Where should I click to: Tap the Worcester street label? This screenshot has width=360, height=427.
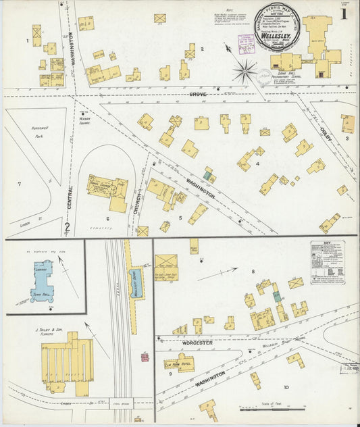(x=197, y=343)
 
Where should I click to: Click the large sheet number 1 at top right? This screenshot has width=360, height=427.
(x=344, y=14)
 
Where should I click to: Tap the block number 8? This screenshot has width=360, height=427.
(x=253, y=272)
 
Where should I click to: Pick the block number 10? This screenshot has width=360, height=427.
(x=286, y=387)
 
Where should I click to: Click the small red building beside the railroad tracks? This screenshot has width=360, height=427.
(x=144, y=357)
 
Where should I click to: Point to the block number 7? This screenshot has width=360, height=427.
(x=19, y=184)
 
